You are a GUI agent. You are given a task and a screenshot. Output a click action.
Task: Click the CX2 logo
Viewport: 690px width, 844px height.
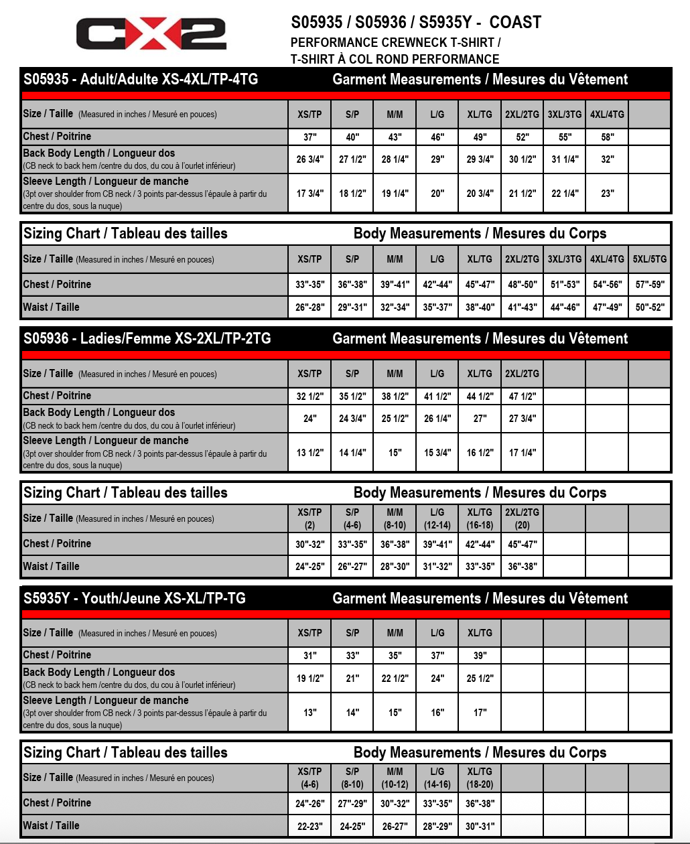coord(151,33)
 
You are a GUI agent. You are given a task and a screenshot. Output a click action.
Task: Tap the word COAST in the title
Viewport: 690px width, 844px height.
coord(514,23)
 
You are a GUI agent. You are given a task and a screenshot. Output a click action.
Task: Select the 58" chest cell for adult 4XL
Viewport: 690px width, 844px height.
coord(607,137)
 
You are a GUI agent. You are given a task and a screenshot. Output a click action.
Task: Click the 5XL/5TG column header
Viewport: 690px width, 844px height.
coord(649,259)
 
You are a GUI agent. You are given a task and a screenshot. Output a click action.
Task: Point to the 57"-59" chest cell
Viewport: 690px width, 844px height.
coord(649,285)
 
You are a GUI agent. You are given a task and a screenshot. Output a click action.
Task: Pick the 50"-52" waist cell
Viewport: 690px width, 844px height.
coord(649,307)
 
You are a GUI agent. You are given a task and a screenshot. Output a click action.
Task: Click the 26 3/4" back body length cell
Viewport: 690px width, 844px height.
coord(309,159)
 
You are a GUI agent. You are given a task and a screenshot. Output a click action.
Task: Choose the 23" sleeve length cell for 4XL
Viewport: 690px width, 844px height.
coord(607,194)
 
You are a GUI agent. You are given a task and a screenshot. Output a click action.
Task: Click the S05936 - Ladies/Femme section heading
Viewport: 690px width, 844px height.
coord(147,339)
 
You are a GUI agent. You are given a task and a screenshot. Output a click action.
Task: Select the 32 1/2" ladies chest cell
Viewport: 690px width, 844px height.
coord(309,397)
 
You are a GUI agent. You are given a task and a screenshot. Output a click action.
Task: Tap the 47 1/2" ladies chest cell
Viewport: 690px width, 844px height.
coord(522,397)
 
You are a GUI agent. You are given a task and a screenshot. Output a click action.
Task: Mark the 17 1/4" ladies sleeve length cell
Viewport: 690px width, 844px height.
coord(522,453)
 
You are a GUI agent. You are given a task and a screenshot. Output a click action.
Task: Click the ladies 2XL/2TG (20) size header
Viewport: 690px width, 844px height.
coord(522,518)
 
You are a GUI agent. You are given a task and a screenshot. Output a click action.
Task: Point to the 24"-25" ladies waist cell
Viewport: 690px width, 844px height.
coord(309,567)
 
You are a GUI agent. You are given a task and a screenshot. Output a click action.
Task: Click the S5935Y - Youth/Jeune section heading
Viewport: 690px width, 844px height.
coord(135,598)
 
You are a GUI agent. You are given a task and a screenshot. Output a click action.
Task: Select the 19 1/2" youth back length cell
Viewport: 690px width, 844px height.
coord(309,679)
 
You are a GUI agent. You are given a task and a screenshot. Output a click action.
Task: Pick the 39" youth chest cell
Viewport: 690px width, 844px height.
coord(480,656)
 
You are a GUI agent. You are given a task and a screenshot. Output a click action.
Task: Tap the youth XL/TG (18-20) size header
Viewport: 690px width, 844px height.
coord(480,778)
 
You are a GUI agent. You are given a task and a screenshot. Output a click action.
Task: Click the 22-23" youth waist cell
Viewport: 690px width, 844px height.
coord(309,827)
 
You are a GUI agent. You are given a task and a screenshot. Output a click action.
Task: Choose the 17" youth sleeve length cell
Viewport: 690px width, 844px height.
coord(480,713)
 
